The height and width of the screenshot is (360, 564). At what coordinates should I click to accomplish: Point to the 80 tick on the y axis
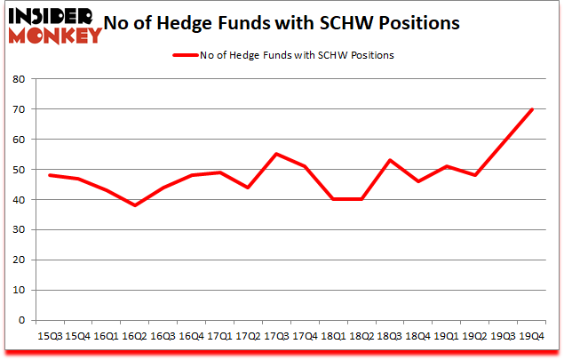click(17, 79)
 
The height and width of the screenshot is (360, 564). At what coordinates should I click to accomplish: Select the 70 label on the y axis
click(17, 109)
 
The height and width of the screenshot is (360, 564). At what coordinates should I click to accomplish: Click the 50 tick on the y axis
click(17, 170)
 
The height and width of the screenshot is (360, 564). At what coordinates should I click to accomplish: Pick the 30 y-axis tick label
click(17, 230)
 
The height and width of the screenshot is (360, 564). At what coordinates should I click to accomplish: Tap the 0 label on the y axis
click(20, 321)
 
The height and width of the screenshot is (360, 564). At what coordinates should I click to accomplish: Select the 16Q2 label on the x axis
click(134, 336)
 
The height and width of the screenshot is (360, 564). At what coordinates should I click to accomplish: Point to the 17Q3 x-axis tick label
click(275, 336)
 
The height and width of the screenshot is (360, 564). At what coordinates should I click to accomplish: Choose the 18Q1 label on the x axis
click(333, 336)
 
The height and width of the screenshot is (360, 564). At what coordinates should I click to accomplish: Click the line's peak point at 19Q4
click(532, 109)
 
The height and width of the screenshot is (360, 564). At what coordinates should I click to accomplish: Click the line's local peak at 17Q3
click(275, 154)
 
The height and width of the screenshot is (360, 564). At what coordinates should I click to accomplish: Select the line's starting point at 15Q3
click(49, 175)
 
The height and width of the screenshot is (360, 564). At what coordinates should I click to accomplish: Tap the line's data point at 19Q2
click(476, 175)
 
